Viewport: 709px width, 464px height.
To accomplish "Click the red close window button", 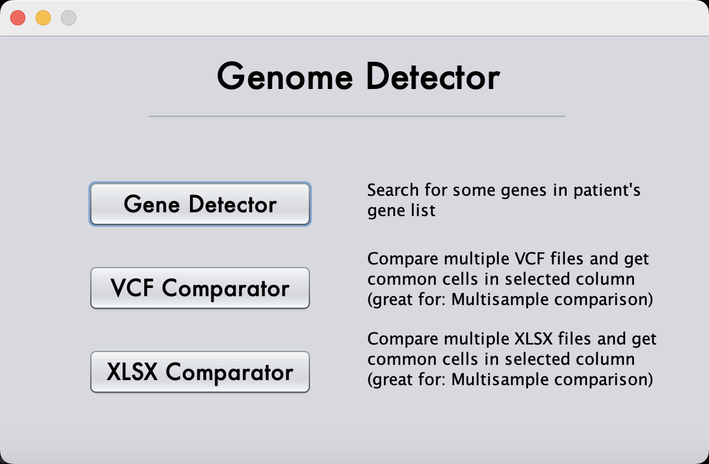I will click(18, 18).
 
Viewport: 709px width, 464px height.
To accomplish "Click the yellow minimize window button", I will click(43, 18).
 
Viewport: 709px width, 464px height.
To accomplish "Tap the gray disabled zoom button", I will click(69, 18).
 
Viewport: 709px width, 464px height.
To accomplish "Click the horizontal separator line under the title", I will click(356, 116).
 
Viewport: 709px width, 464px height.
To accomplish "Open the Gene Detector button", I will click(200, 205).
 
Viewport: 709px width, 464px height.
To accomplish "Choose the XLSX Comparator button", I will click(200, 372).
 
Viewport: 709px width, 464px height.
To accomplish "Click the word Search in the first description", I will click(393, 190).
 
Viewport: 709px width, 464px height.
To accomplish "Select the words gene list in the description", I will click(402, 210).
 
